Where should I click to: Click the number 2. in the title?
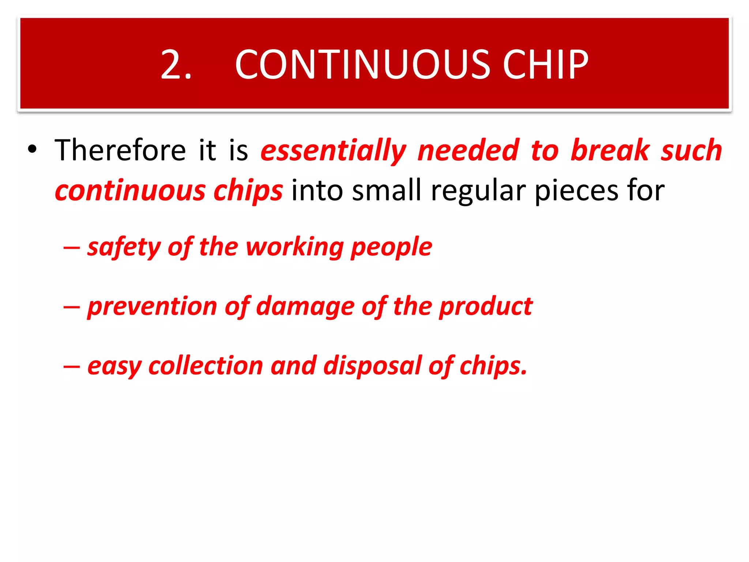(176, 65)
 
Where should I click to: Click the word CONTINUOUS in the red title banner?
(362, 65)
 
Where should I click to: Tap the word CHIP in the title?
(545, 65)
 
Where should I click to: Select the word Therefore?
(120, 150)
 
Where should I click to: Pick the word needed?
(468, 150)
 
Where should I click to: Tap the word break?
(610, 150)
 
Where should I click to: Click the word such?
(691, 150)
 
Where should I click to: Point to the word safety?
(124, 247)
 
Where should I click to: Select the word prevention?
(152, 307)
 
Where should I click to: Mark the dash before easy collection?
(71, 366)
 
